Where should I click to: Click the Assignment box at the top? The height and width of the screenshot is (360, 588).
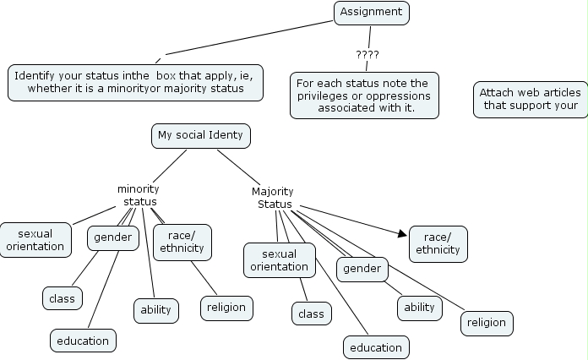click(372, 13)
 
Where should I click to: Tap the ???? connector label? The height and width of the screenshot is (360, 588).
click(367, 55)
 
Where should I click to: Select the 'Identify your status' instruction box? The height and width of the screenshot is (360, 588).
click(135, 81)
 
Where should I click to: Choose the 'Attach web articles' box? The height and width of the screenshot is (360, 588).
click(531, 99)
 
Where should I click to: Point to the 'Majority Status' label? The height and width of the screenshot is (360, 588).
click(273, 198)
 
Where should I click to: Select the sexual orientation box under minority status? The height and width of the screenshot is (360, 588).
click(35, 240)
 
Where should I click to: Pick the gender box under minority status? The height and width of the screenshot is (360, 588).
click(113, 237)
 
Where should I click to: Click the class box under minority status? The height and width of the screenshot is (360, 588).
click(62, 297)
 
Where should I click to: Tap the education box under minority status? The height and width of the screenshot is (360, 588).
click(83, 341)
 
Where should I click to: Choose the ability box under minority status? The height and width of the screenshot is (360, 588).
click(155, 309)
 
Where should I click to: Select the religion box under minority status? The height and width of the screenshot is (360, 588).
click(226, 307)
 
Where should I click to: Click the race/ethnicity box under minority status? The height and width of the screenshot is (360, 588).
click(182, 242)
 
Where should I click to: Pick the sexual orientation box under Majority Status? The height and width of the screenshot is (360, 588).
click(280, 260)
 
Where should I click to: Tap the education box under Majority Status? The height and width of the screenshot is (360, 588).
click(376, 347)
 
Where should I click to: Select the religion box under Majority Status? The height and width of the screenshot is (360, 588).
click(487, 322)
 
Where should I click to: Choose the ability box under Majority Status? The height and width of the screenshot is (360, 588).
click(419, 307)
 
